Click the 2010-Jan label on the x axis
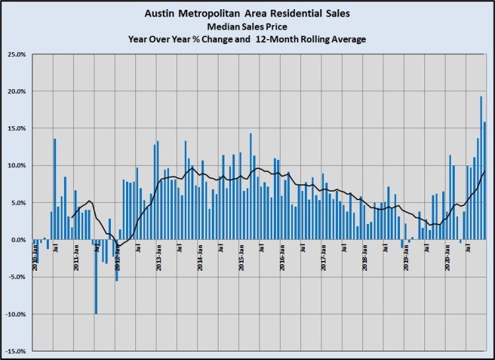[x=34, y=254]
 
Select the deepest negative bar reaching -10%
[x=96, y=277]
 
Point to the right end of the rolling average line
[x=484, y=172]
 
